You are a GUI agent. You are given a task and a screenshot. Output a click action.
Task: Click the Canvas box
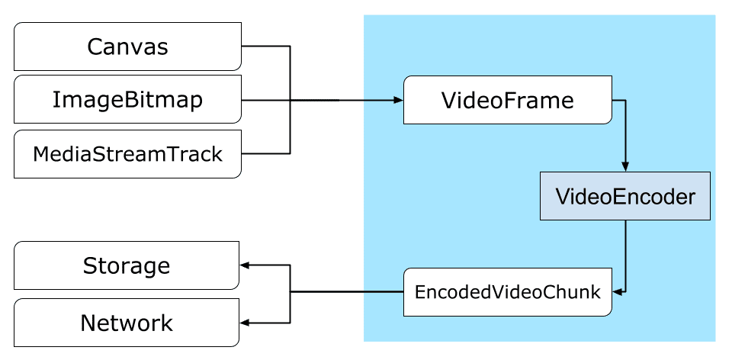pyautogui.click(x=127, y=47)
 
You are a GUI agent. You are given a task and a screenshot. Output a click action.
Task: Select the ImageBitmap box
pyautogui.click(x=127, y=100)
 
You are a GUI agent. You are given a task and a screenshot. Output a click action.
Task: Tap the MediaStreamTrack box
pyautogui.click(x=127, y=154)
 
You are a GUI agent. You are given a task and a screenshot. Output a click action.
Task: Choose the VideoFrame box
pyautogui.click(x=507, y=100)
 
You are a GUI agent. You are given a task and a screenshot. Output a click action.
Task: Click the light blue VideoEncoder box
pyautogui.click(x=625, y=197)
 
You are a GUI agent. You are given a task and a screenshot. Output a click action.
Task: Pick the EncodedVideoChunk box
pyautogui.click(x=507, y=291)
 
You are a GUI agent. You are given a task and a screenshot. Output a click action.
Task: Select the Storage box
pyautogui.click(x=126, y=266)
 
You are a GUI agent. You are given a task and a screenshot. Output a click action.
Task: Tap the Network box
pyautogui.click(x=126, y=323)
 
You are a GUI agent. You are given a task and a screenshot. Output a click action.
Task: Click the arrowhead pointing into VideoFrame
pyautogui.click(x=397, y=100)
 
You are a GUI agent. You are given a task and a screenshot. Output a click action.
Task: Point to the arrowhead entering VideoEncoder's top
pyautogui.click(x=625, y=167)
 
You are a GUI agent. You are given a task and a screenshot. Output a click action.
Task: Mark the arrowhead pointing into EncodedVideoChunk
pyautogui.click(x=619, y=291)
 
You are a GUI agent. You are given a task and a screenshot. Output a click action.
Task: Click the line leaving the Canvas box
pyautogui.click(x=265, y=47)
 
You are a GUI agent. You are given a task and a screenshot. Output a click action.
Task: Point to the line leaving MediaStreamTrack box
pyautogui.click(x=265, y=153)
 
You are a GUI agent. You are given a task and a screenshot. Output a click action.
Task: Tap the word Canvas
pyautogui.click(x=127, y=47)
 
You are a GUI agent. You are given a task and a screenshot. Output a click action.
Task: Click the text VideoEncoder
pyautogui.click(x=625, y=197)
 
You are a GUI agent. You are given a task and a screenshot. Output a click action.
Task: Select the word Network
pyautogui.click(x=127, y=323)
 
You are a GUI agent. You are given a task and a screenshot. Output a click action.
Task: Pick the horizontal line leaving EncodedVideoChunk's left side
pyautogui.click(x=347, y=291)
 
